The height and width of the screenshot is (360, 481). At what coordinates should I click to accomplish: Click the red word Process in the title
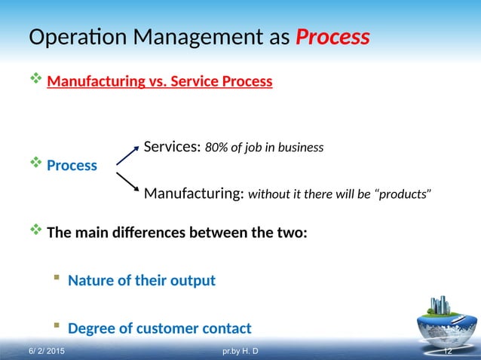332,37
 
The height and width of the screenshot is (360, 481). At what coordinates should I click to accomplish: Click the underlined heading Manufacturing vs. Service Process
159,81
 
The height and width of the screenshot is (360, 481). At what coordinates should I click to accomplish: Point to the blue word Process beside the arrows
72,165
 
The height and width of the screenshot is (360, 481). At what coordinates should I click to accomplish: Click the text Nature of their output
142,280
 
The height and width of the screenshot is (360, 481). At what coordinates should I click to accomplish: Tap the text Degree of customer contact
160,328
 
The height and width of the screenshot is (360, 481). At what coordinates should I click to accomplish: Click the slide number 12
447,351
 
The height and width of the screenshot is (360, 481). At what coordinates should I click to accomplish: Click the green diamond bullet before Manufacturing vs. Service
34,79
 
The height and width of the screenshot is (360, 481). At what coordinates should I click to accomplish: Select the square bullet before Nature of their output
56,279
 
